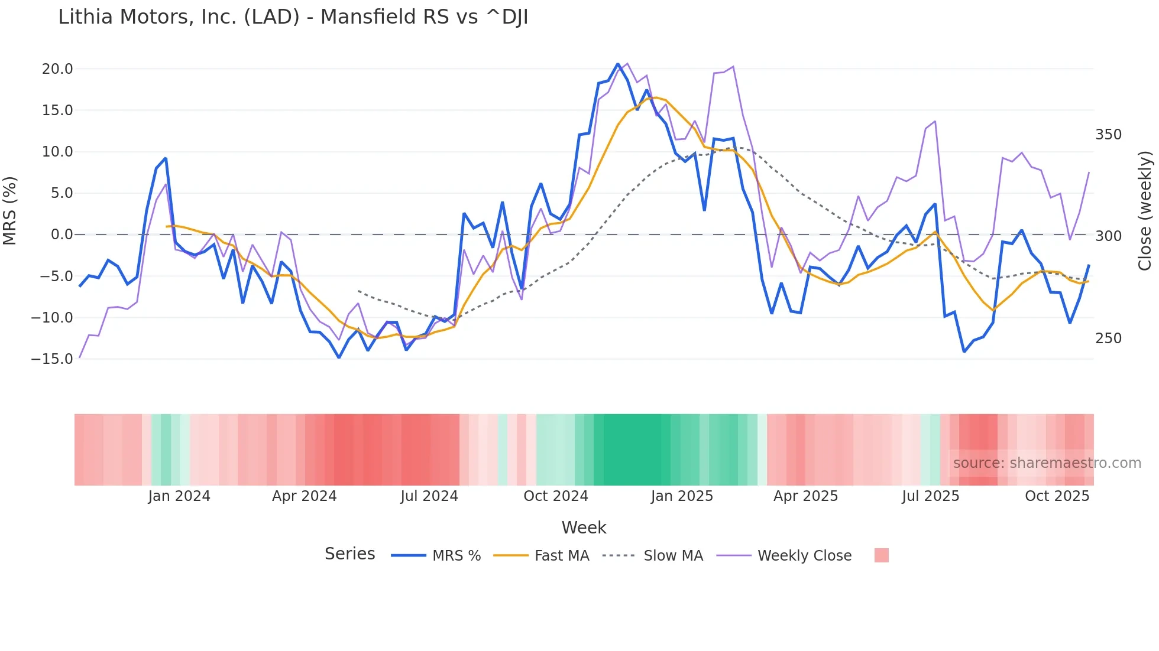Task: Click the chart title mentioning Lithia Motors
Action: pos(293,17)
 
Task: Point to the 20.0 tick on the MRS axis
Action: pos(57,69)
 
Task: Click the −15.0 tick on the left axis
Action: pos(52,359)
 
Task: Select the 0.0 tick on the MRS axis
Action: pos(61,235)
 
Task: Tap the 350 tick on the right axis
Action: pos(1108,135)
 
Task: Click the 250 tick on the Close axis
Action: pos(1108,338)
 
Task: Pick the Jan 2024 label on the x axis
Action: pos(179,496)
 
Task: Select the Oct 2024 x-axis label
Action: pos(555,496)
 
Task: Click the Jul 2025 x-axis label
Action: pos(930,496)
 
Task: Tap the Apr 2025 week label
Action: pos(805,496)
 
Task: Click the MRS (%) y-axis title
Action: pos(10,211)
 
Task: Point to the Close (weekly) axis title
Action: pos(1145,211)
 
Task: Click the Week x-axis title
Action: pos(584,528)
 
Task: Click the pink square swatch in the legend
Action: pos(881,555)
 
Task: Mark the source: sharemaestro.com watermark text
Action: pos(1047,463)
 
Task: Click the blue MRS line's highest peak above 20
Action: pos(618,64)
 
